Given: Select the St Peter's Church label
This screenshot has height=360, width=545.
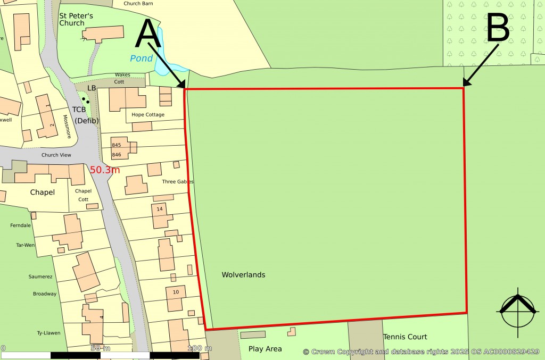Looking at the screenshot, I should click(72, 19).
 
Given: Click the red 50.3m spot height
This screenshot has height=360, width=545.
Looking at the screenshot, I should click(105, 170).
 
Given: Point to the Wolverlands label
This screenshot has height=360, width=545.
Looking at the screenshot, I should click(243, 275).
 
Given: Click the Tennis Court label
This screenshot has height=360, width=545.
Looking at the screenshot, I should click(405, 337).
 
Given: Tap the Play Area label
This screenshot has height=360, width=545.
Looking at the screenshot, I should click(265, 349).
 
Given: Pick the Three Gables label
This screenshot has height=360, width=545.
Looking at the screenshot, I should click(178, 182).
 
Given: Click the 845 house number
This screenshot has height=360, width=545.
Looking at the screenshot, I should click(117, 145).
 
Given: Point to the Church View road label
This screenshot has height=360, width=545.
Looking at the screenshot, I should click(57, 156).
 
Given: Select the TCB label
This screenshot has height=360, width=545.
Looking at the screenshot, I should click(79, 110).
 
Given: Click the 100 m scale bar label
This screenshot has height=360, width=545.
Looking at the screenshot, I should click(200, 348).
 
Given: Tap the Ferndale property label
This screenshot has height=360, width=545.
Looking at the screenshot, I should click(20, 225).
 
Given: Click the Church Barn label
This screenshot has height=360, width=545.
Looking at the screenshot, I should click(139, 3).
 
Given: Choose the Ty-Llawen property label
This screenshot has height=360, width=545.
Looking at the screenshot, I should click(48, 333).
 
